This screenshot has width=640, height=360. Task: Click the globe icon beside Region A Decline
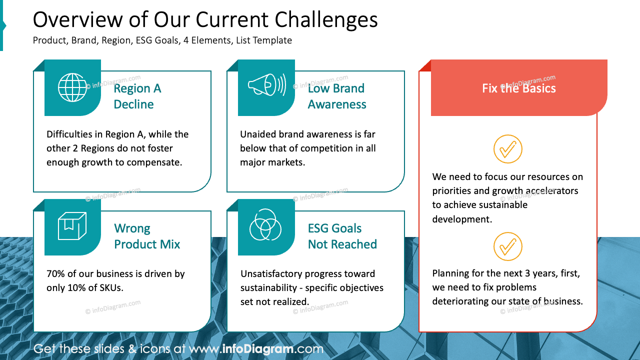tap(72, 87)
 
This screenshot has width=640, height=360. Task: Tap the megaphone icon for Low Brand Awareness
tap(266, 85)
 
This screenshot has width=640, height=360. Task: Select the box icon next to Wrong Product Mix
tap(72, 226)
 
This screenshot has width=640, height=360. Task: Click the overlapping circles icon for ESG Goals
tap(266, 226)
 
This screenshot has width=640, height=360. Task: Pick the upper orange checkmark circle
tap(507, 149)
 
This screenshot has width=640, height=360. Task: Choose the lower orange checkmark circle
tap(507, 246)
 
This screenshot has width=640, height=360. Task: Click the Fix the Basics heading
tap(518, 88)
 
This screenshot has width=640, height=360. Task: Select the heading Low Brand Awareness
tap(336, 96)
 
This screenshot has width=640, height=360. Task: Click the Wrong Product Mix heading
tap(146, 236)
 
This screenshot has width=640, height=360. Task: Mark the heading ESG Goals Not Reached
tap(342, 236)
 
